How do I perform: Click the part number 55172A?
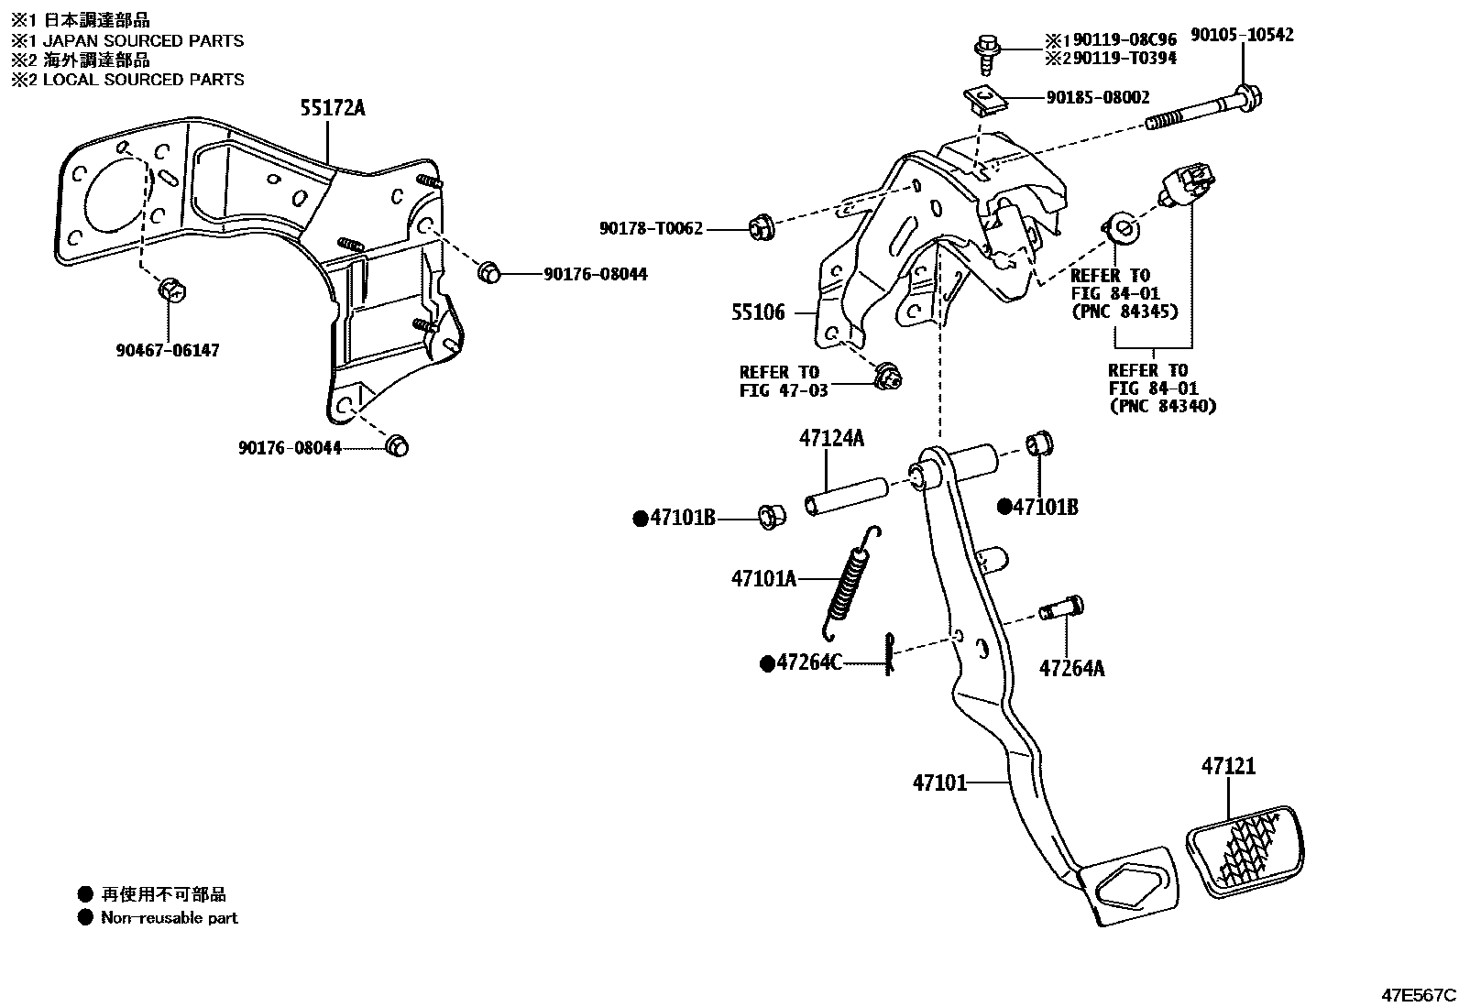tap(332, 108)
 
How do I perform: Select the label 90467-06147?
tap(168, 350)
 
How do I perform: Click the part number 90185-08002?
tap(1098, 97)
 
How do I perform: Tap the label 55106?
tap(758, 312)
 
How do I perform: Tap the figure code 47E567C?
tap(1419, 994)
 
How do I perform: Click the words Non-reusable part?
tap(169, 917)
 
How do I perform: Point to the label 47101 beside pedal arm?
tap(939, 783)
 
